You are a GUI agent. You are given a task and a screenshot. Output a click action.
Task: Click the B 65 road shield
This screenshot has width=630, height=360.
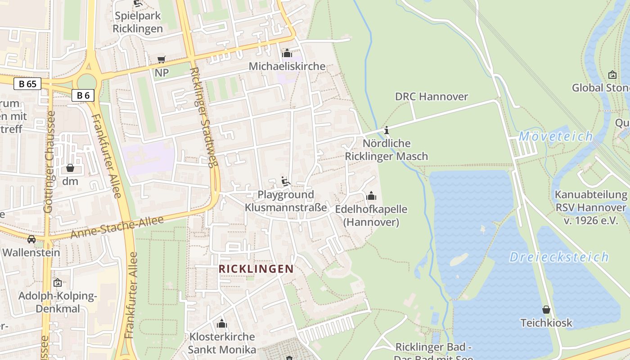[27, 84]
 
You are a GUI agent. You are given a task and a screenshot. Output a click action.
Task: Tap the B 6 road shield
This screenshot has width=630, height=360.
[83, 95]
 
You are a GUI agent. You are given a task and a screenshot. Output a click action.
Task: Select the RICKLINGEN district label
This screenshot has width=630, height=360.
[256, 269]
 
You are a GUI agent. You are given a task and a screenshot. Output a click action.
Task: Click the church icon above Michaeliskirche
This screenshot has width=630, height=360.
[287, 54]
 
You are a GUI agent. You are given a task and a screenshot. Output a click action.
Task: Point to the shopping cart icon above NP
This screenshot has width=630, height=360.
[161, 60]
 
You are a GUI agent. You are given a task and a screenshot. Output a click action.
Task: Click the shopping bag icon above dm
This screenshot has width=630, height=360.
[70, 168]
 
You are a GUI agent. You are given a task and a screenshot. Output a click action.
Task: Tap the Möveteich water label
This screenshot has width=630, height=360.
[556, 136]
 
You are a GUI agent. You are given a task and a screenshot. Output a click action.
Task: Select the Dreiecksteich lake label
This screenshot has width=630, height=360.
[559, 257]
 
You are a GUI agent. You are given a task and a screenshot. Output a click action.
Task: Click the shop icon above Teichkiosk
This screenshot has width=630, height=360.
[546, 310]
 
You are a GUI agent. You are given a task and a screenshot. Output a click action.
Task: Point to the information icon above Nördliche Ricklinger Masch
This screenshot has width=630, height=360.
[386, 130]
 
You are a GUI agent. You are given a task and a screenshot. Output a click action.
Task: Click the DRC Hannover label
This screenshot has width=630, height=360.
[431, 96]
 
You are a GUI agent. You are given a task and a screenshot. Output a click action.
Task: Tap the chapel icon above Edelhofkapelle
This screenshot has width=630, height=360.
[371, 196]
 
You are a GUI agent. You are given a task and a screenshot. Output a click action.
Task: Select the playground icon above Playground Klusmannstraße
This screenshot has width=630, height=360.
[285, 181]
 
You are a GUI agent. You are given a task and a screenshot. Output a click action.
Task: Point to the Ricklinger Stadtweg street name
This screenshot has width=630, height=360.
[203, 117]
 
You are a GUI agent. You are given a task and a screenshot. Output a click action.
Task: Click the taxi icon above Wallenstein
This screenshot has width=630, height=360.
[31, 239]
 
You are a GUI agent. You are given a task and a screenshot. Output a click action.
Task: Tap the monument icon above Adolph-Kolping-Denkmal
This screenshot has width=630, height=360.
[57, 283]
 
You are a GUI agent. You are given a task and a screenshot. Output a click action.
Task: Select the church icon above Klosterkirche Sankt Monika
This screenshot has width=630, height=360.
[221, 324]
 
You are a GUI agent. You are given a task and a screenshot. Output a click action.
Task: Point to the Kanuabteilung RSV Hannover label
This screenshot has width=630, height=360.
[590, 207]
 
